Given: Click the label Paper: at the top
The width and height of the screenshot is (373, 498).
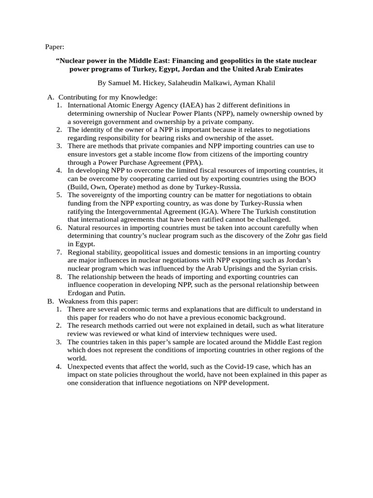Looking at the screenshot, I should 54,47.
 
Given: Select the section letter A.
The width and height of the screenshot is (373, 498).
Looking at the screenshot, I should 51,97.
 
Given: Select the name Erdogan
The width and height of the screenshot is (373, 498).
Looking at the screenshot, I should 82,293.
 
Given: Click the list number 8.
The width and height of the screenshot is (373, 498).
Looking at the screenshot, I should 58,277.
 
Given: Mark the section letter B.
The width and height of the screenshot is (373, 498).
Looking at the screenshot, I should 51,301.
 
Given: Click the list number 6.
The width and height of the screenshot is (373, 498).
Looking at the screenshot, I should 58,228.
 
